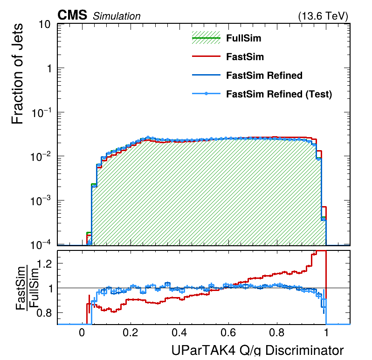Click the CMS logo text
pyautogui.click(x=72, y=15)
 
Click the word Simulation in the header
pyautogui.click(x=117, y=16)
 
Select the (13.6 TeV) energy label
pyautogui.click(x=323, y=16)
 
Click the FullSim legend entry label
pyautogui.click(x=243, y=38)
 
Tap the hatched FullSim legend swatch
pyautogui.click(x=206, y=38)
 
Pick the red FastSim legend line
pyautogui.click(x=206, y=57)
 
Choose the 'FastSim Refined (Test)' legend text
pyautogui.click(x=279, y=94)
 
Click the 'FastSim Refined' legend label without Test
pyautogui.click(x=264, y=76)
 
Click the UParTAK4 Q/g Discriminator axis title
pyautogui.click(x=258, y=351)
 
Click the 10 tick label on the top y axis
pyautogui.click(x=44, y=25)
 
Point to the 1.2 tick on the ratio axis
pyautogui.click(x=44, y=263)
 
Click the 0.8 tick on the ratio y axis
pyautogui.click(x=44, y=313)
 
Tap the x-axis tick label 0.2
pyautogui.click(x=131, y=333)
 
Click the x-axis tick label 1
pyautogui.click(x=326, y=333)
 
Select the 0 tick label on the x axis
pyautogui.click(x=82, y=333)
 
